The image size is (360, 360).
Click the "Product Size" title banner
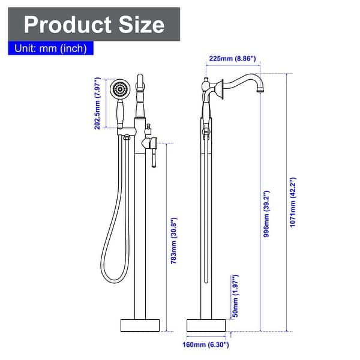(x=94, y=24)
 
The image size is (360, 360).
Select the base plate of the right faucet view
(x=208, y=325)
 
